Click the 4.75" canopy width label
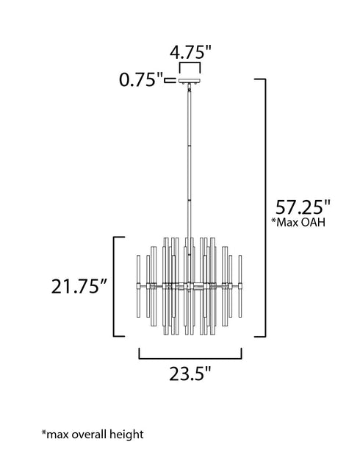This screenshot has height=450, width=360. pos(190,54)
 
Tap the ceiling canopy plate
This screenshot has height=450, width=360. pos(190,81)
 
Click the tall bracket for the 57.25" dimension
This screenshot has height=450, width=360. pos(264,206)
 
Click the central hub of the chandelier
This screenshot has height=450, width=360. pos(190,285)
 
